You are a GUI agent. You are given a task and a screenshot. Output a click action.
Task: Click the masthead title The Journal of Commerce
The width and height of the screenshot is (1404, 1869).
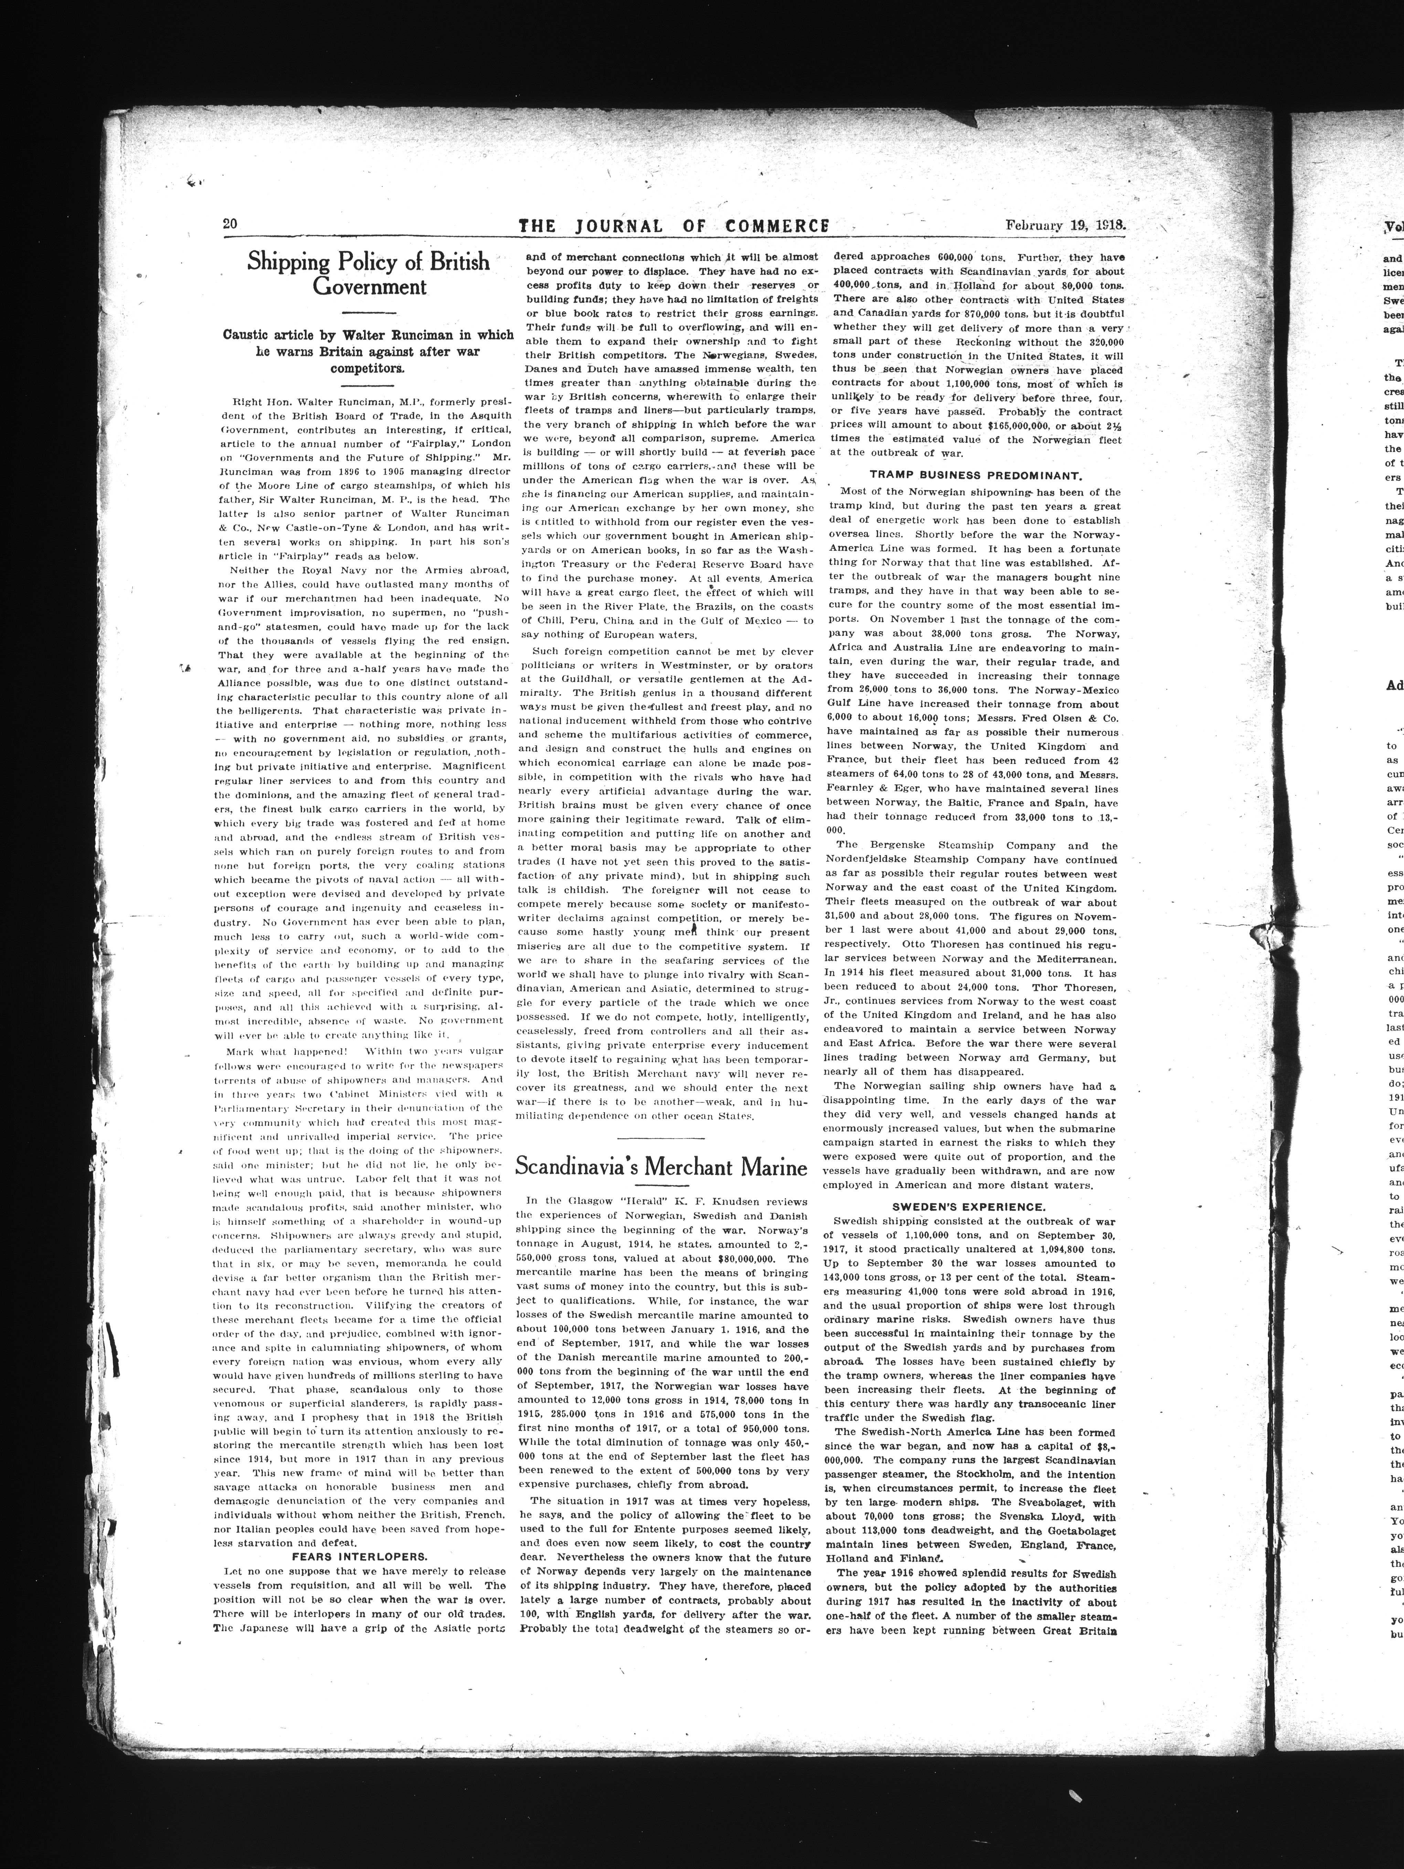click(x=673, y=226)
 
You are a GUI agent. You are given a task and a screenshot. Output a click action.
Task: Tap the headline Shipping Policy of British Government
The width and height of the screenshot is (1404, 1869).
click(x=369, y=274)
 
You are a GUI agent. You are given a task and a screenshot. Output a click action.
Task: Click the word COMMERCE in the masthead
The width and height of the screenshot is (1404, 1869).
click(x=776, y=226)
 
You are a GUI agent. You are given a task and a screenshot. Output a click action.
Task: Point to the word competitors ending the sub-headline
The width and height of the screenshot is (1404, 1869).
click(x=369, y=369)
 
